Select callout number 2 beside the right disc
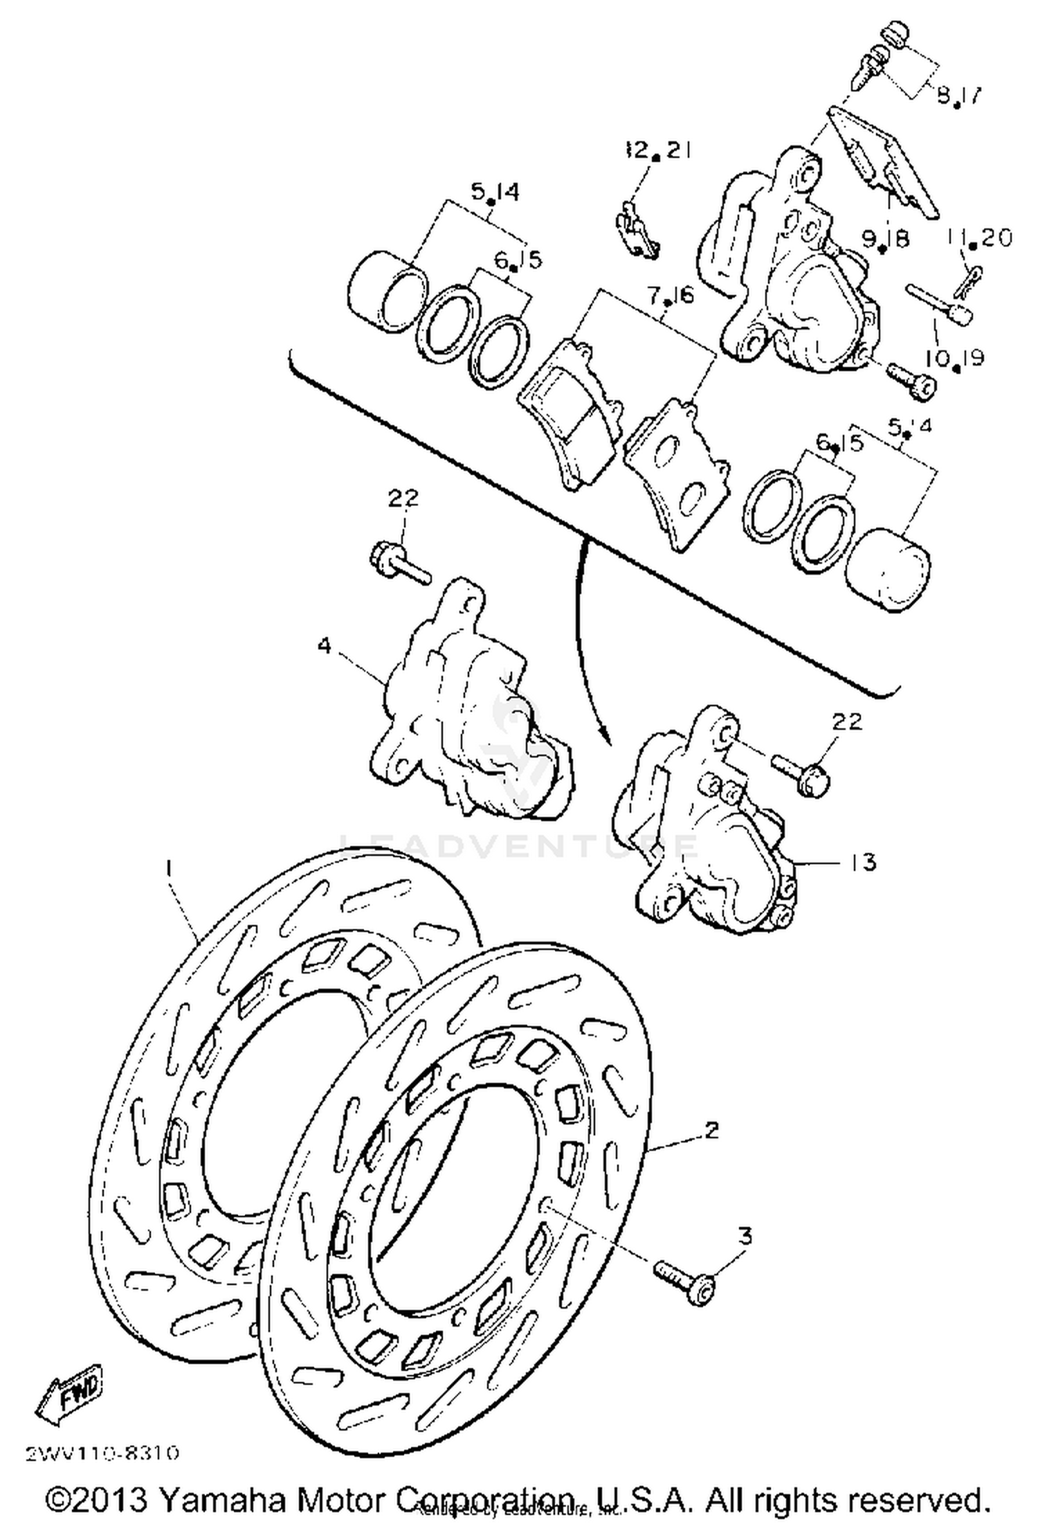(x=711, y=1129)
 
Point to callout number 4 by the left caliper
(x=324, y=645)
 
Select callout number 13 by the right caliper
(x=864, y=863)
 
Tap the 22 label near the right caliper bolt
(x=847, y=721)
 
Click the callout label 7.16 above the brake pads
(x=669, y=296)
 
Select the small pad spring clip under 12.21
(x=637, y=231)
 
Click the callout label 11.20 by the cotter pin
(x=979, y=237)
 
